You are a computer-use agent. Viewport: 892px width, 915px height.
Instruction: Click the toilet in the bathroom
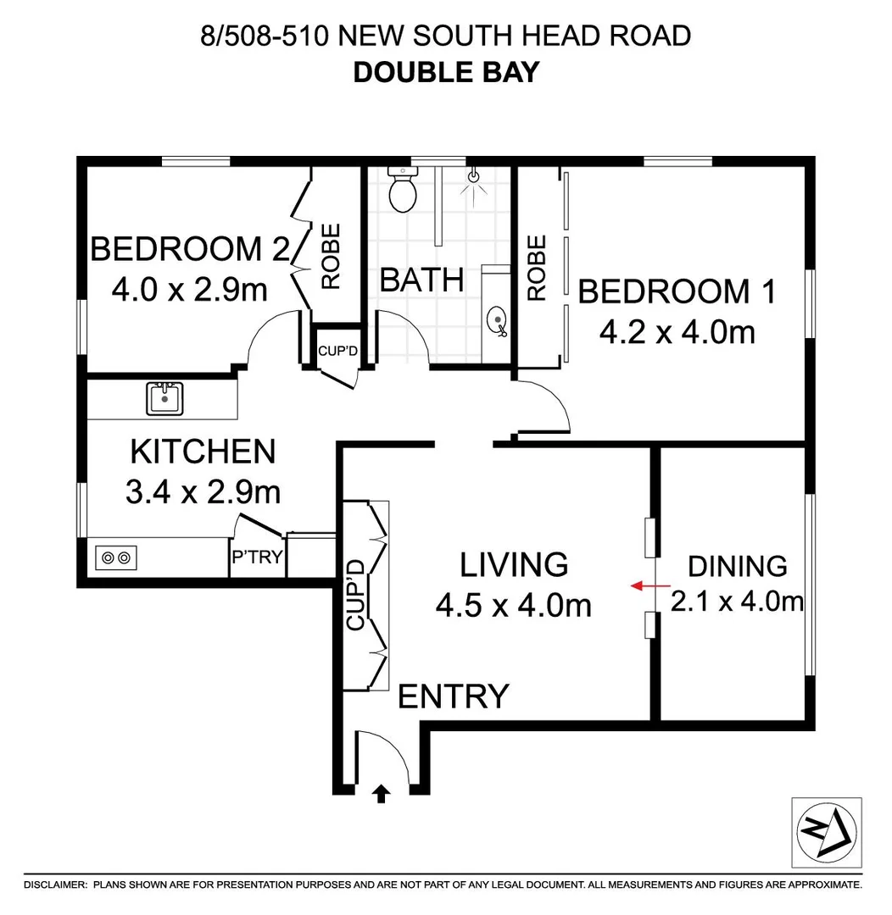[403, 191]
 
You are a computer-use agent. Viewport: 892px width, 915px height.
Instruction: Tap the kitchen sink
[164, 398]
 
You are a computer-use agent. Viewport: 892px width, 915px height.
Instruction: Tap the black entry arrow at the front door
[382, 793]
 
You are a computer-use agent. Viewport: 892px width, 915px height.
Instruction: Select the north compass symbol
[826, 833]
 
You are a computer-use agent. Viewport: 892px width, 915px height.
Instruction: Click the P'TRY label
[257, 558]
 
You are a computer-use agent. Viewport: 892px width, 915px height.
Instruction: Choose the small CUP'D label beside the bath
[336, 350]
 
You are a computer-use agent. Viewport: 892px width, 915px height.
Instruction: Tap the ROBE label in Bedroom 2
[330, 256]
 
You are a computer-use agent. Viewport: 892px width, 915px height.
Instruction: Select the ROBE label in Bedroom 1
[536, 268]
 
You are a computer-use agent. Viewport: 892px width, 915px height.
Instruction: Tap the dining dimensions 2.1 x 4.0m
[737, 602]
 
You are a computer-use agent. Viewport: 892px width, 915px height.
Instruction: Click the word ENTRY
[454, 696]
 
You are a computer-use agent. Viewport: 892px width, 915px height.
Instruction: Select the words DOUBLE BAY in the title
[446, 71]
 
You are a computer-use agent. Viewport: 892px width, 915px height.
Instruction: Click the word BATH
[421, 280]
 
